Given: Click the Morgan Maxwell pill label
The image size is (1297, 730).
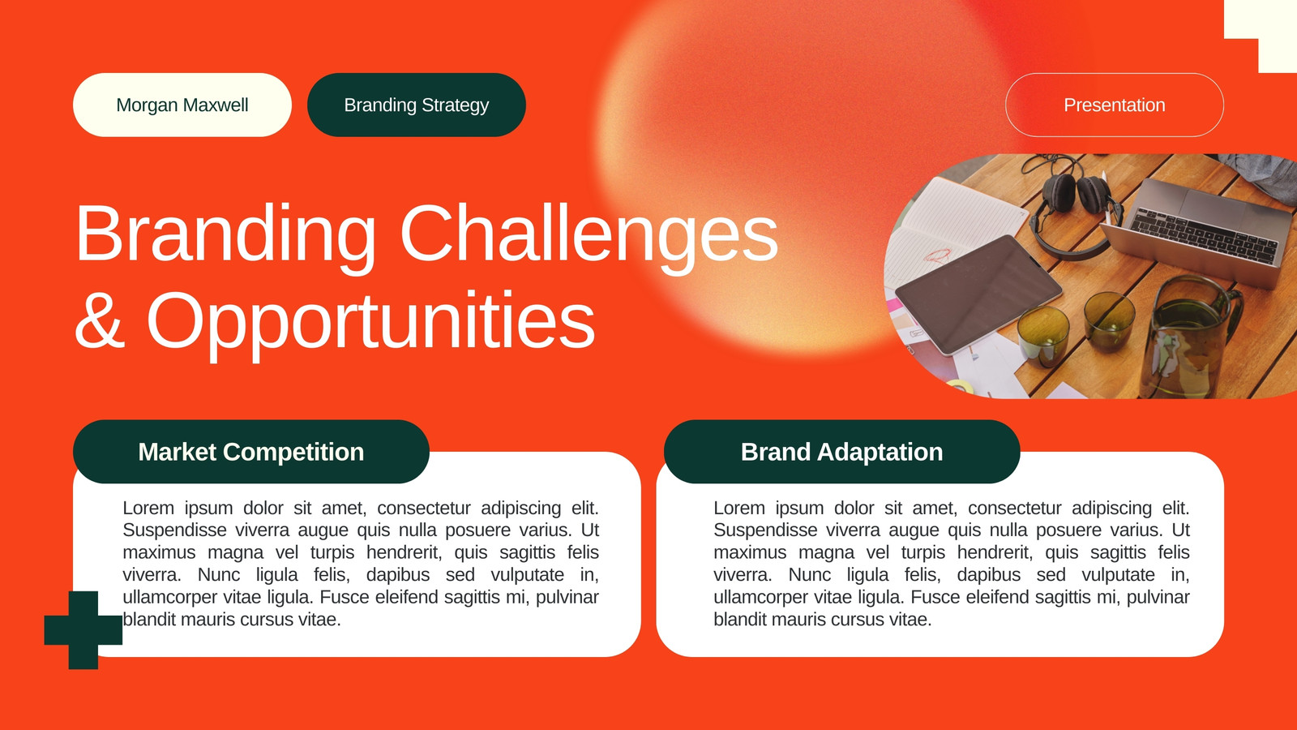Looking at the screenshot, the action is click(x=182, y=105).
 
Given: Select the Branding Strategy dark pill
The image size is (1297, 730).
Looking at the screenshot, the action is click(x=417, y=105).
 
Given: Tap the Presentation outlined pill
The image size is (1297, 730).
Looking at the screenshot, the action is click(x=1115, y=105).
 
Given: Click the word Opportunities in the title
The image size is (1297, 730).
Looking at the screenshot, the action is click(x=370, y=324).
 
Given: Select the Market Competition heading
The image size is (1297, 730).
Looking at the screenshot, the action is click(x=251, y=452).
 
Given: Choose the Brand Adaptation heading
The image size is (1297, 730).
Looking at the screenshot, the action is click(x=842, y=452).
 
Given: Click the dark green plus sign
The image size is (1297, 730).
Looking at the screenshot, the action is click(x=83, y=630).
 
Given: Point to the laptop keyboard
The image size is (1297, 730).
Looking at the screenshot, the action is click(x=1205, y=235).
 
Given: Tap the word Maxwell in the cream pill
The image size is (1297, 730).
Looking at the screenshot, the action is click(x=216, y=105).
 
